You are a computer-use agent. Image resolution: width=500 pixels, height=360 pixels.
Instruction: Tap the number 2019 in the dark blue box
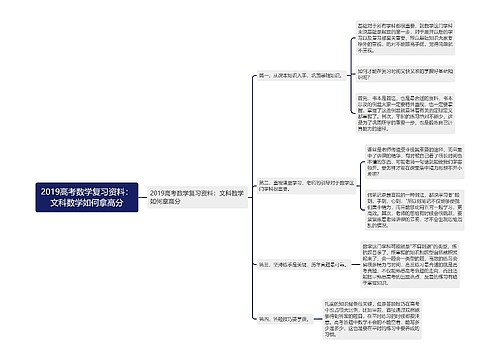point(56,189)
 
